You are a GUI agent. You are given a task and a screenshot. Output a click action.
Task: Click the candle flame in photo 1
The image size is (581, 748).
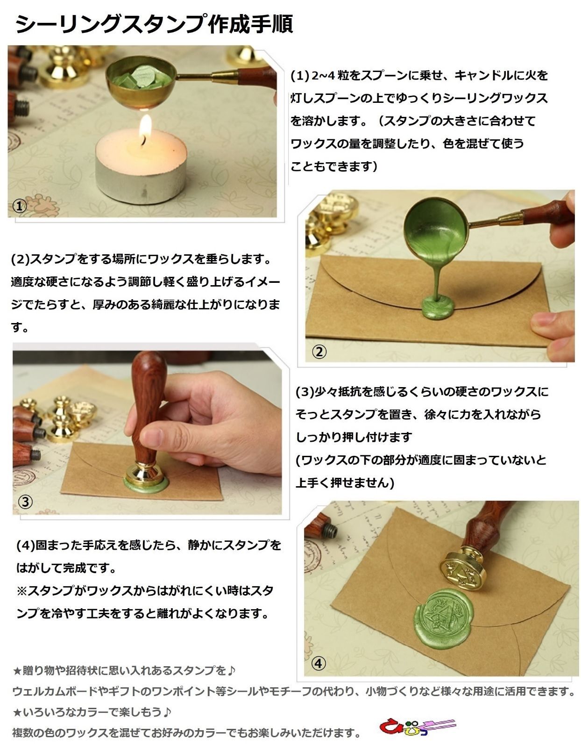tap(146, 127)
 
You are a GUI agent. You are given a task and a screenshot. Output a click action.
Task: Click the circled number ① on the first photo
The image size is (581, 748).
tap(19, 206)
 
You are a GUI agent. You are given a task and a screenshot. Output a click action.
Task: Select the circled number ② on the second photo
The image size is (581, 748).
tap(319, 352)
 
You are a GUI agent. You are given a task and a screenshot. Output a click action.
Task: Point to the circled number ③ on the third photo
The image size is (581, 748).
tap(25, 502)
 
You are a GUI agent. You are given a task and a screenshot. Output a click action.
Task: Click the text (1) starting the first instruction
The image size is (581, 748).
tap(300, 75)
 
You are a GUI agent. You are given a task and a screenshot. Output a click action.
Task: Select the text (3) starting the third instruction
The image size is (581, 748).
tap(305, 392)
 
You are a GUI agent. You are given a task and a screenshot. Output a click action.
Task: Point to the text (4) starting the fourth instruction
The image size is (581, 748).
tap(26, 545)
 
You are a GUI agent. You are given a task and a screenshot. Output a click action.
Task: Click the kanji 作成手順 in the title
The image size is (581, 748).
tap(250, 24)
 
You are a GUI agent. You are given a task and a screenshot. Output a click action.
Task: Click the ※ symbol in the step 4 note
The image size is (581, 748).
tap(21, 591)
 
